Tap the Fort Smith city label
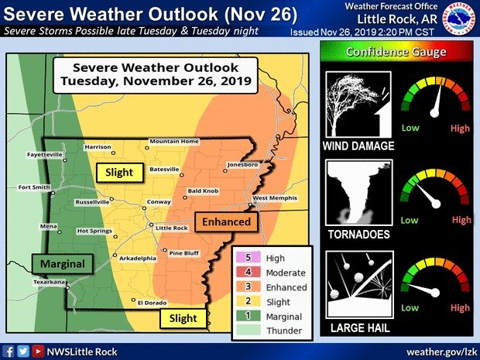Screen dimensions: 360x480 coord(35,187)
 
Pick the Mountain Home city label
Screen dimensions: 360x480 coord(174,141)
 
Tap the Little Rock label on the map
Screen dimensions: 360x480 coord(172,228)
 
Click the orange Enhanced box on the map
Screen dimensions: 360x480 coord(226,222)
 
